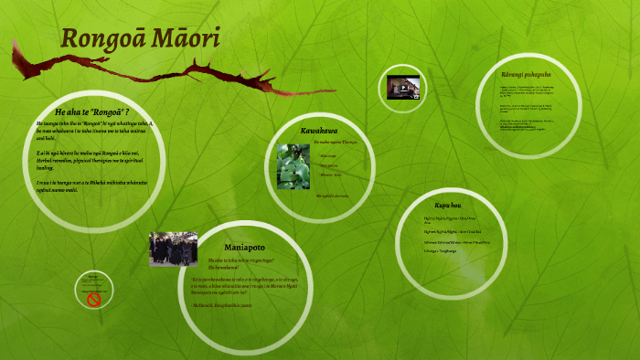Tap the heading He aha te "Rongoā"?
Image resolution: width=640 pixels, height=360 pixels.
click(91, 111)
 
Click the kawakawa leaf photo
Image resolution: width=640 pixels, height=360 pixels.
click(293, 166)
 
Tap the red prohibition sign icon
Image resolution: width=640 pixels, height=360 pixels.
click(92, 299)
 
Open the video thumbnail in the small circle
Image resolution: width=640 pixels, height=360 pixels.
click(402, 87)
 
